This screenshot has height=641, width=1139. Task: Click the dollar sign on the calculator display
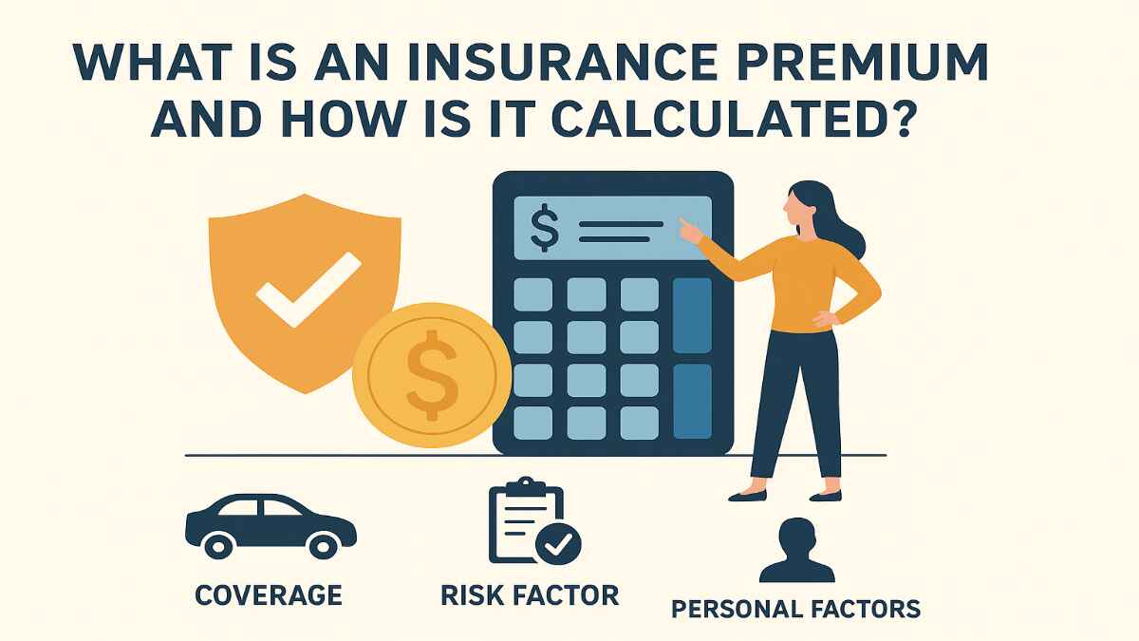tap(545, 230)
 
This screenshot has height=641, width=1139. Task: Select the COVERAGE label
tap(268, 595)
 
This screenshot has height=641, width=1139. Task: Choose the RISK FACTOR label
tap(530, 595)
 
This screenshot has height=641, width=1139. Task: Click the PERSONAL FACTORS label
tap(795, 608)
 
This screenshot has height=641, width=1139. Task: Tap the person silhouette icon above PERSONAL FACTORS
tap(796, 551)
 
